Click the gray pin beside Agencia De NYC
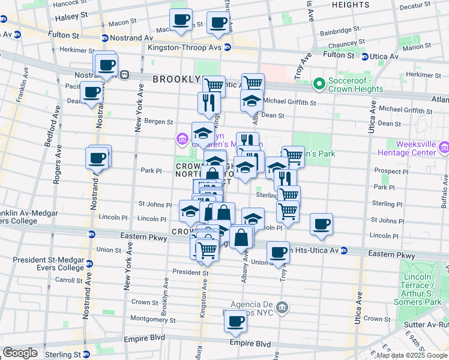tap(283, 308)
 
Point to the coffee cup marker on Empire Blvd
tap(235, 322)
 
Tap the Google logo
tap(20, 353)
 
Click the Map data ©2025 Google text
tap(412, 355)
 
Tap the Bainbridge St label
tap(340, 29)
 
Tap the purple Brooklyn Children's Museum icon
tap(182, 140)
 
